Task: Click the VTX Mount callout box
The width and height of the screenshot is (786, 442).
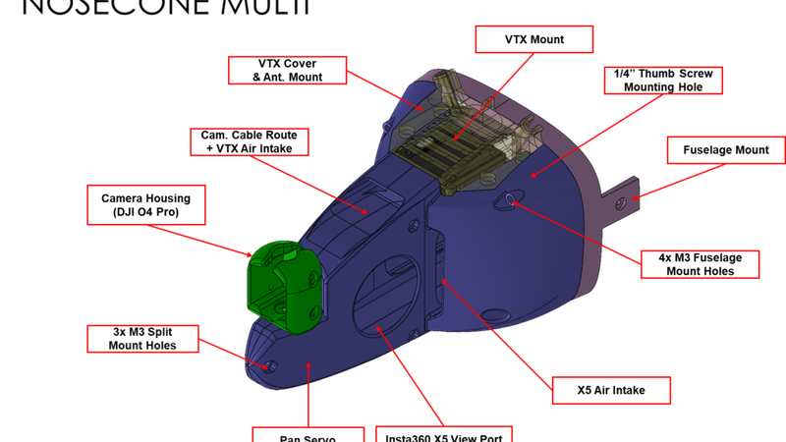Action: tap(534, 39)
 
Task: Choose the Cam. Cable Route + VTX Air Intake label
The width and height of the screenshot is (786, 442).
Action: tap(250, 140)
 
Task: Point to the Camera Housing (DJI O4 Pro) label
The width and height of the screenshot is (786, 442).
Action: tap(145, 205)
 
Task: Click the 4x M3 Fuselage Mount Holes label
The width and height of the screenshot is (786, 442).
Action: tap(699, 263)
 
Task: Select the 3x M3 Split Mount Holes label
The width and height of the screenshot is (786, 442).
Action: tap(143, 339)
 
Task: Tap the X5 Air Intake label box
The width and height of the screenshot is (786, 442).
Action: tap(611, 390)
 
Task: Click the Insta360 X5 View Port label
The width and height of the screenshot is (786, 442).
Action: tap(445, 434)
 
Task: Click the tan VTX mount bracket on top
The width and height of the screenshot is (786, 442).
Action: tap(473, 138)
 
